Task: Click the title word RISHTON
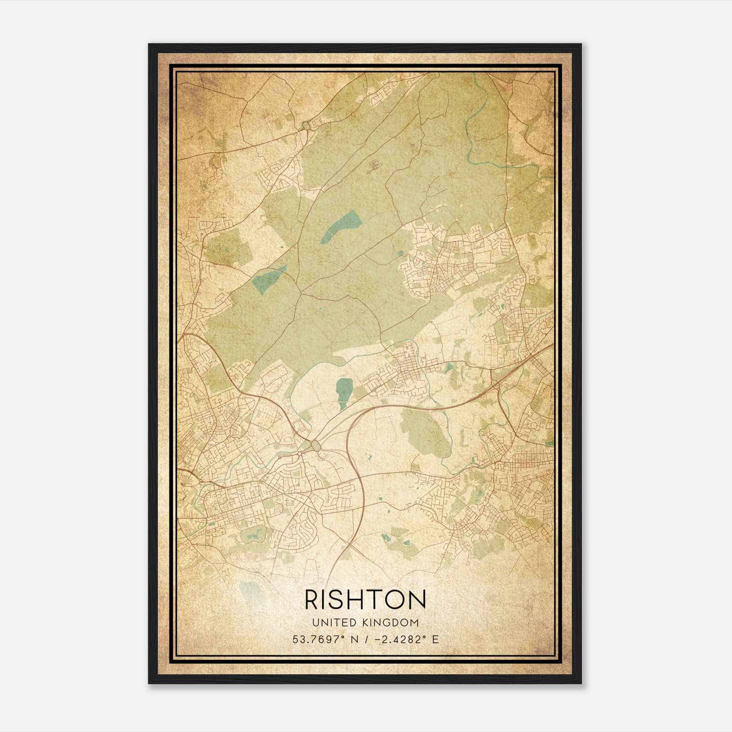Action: click(365, 599)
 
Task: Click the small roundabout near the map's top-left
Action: click(306, 124)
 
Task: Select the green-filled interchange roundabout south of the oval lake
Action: click(316, 445)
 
